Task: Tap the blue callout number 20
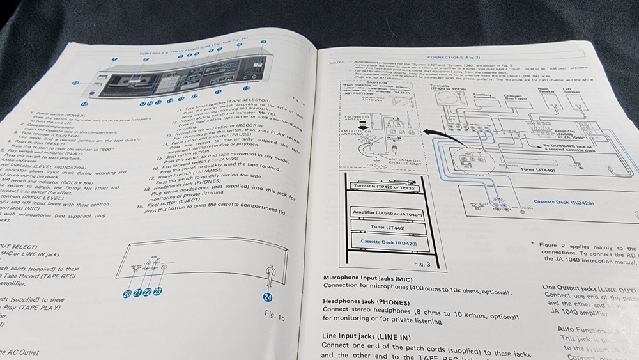[128, 293]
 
